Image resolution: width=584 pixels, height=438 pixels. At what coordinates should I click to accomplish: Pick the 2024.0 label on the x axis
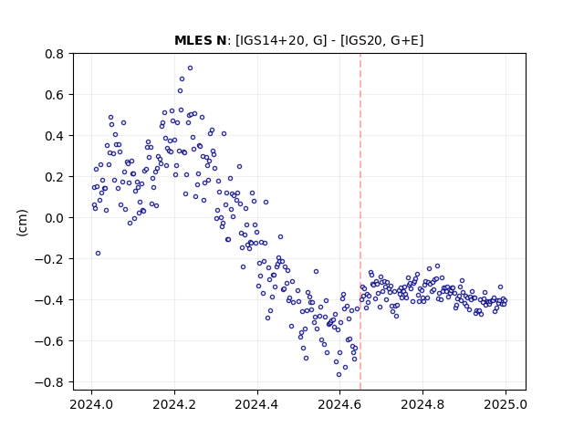pyautogui.click(x=91, y=404)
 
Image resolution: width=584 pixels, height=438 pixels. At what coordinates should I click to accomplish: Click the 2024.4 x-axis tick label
pyautogui.click(x=256, y=404)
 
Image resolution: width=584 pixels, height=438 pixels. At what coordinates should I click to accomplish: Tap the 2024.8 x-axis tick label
pyautogui.click(x=422, y=404)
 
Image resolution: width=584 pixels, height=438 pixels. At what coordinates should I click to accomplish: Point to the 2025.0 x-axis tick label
pyautogui.click(x=506, y=404)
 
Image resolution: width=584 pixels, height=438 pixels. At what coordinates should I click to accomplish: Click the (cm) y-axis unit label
pyautogui.click(x=22, y=223)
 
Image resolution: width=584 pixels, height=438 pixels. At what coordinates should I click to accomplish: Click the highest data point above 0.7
pyautogui.click(x=190, y=68)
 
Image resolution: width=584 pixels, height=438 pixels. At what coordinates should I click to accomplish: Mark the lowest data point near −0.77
pyautogui.click(x=339, y=375)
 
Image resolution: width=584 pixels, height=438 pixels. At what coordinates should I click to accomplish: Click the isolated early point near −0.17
pyautogui.click(x=98, y=254)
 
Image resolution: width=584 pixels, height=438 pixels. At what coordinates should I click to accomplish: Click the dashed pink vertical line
pyautogui.click(x=360, y=222)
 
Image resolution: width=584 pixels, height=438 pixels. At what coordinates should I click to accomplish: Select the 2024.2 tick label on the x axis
pyautogui.click(x=174, y=404)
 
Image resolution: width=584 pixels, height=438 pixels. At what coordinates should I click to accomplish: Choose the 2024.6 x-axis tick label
pyautogui.click(x=339, y=404)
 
